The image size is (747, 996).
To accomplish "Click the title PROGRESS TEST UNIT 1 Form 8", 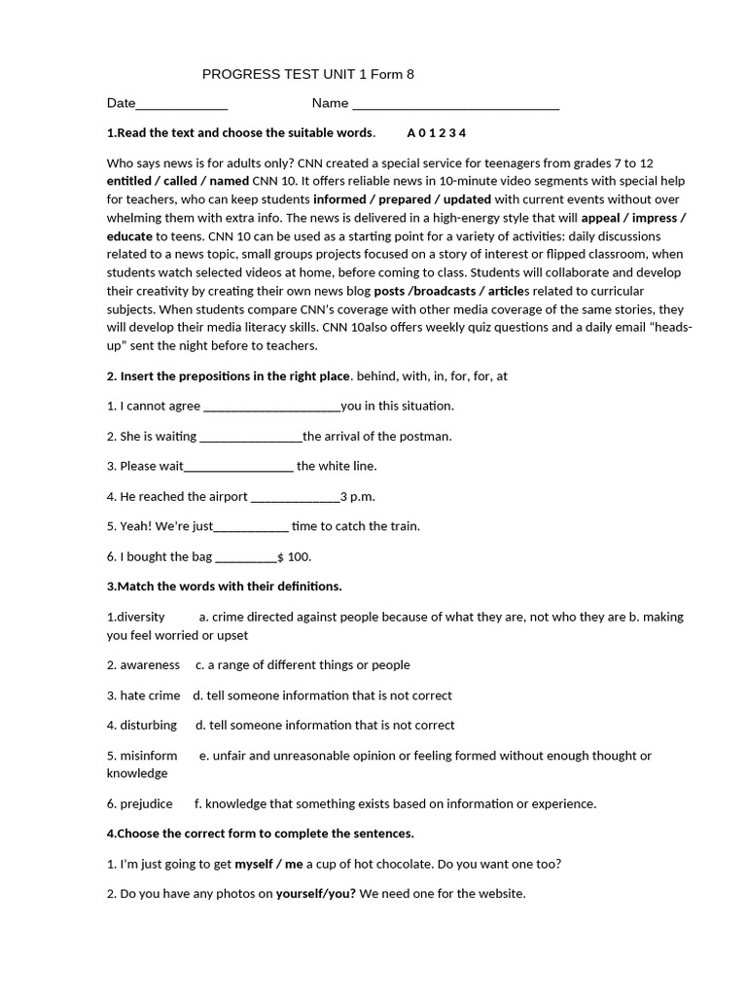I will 301,74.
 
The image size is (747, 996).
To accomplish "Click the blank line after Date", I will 182,104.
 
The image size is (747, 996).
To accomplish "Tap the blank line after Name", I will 454,104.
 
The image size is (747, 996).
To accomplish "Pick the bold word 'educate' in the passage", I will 129,235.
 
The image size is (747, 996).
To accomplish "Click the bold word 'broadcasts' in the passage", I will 447,291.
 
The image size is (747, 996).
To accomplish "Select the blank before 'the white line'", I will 238,467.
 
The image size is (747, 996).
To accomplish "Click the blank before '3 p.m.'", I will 295,497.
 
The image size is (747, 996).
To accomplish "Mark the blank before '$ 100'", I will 245,557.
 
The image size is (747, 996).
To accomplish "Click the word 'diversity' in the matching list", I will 138,617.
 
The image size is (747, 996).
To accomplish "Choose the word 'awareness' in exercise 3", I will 150,665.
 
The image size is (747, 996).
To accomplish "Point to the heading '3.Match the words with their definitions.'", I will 224,587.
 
